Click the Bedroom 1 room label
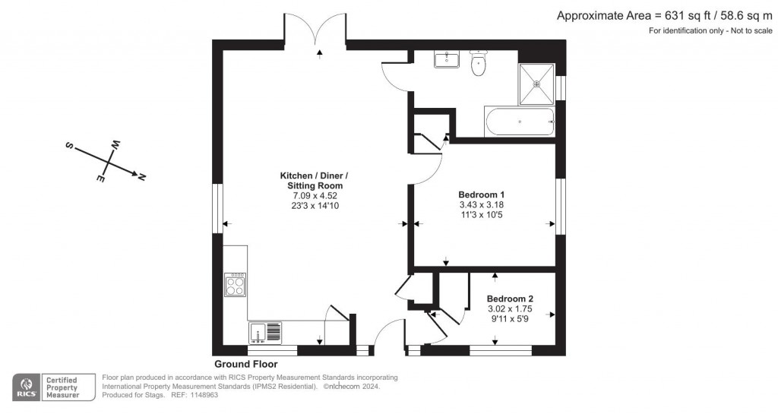click(481, 194)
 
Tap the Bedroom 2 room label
click(510, 299)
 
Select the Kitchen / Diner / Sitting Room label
click(315, 181)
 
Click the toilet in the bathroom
click(478, 64)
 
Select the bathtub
click(519, 121)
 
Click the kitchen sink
click(265, 332)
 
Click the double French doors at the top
click(318, 30)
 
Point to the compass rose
click(107, 161)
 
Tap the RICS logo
click(25, 387)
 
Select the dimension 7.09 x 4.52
click(315, 195)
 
